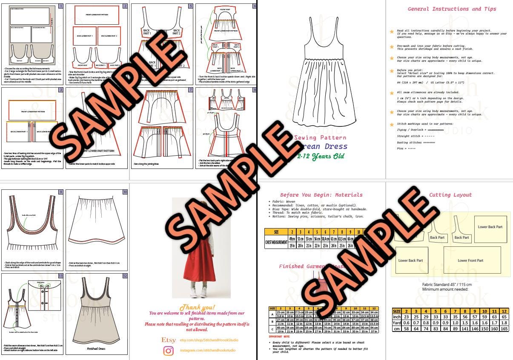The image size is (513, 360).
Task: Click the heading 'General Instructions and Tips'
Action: pyautogui.click(x=452, y=9)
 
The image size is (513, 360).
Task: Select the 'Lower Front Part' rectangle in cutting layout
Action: pyautogui.click(x=470, y=260)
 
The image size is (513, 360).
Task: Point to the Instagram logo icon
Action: pyautogui.click(x=169, y=351)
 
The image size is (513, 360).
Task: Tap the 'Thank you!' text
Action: pyautogui.click(x=197, y=307)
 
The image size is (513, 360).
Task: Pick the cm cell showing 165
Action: pyautogui.click(x=504, y=329)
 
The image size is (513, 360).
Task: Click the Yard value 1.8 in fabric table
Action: pyautogui.click(x=504, y=323)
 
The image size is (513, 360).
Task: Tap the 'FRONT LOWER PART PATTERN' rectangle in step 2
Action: pyautogui.click(x=96, y=15)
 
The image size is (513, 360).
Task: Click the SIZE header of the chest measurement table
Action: pyautogui.click(x=276, y=232)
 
